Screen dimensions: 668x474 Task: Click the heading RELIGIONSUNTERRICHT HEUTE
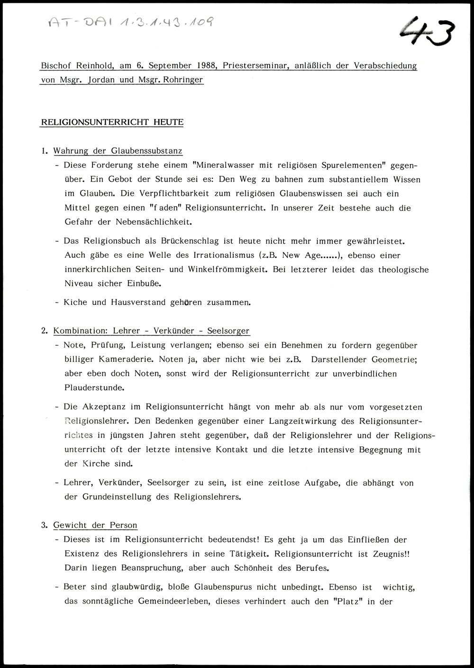pyautogui.click(x=112, y=122)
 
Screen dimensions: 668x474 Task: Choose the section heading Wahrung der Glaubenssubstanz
pyautogui.click(x=118, y=151)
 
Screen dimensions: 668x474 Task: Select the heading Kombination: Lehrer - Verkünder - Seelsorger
pyautogui.click(x=151, y=331)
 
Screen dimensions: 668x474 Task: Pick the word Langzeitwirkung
pyautogui.click(x=302, y=421)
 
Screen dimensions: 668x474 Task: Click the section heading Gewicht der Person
pyautogui.click(x=95, y=525)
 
